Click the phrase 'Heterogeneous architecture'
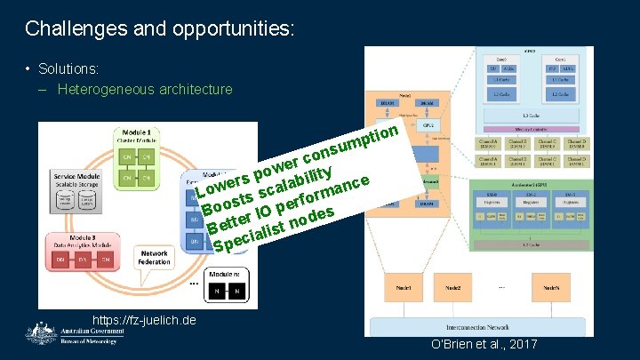[x=146, y=89]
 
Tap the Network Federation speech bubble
[x=153, y=258]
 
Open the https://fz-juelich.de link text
[x=145, y=319]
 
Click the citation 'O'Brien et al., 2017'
[x=484, y=344]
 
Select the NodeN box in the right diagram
[x=550, y=289]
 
